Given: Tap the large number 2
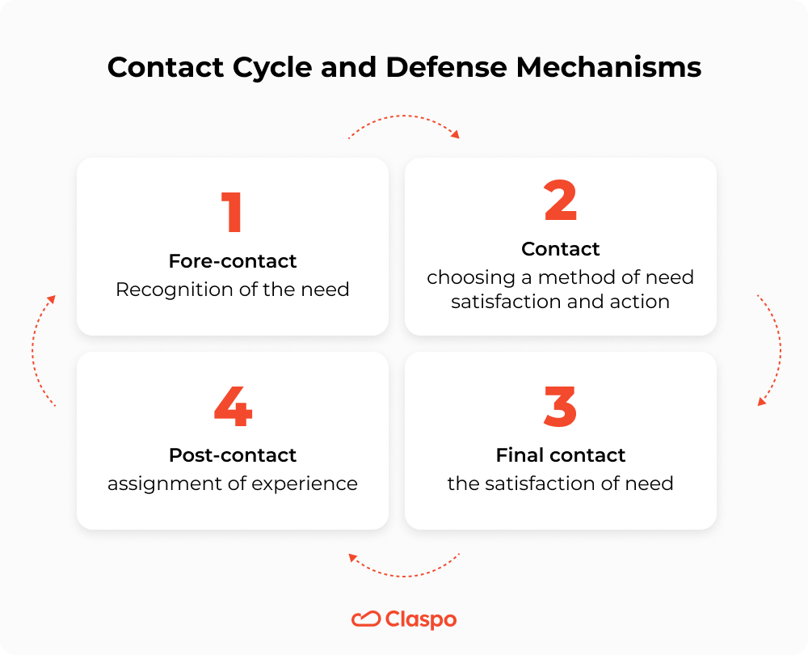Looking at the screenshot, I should (x=560, y=201).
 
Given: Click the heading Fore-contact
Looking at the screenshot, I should (x=233, y=261).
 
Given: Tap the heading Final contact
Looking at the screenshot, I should (x=561, y=455).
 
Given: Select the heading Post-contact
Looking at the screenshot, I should (x=233, y=455).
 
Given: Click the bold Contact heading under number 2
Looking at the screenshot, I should (x=561, y=248).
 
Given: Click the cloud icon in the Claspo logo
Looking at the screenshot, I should (x=365, y=619).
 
